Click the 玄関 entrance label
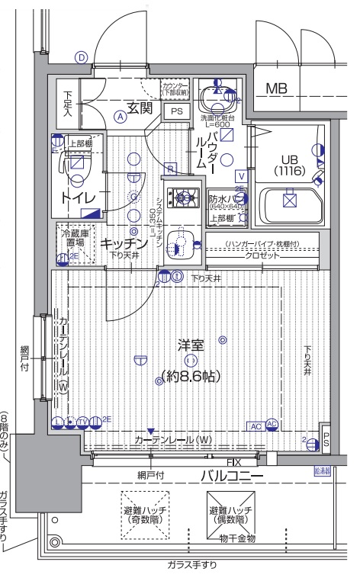[x=141, y=108]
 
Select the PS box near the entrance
[x=176, y=112]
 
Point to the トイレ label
[x=78, y=197]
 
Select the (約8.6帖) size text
[x=191, y=374]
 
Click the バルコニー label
[x=233, y=477]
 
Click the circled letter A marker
[x=121, y=117]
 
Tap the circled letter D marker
[x=81, y=57]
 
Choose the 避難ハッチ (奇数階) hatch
[x=144, y=513]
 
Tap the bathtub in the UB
[x=288, y=203]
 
